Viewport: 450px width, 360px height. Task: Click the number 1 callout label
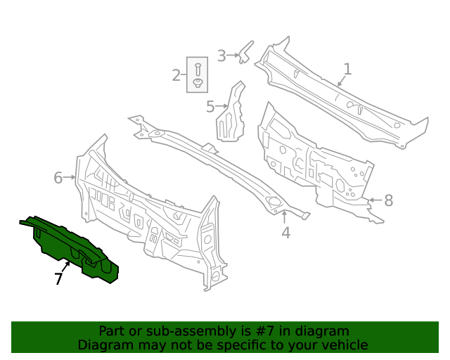click(x=347, y=69)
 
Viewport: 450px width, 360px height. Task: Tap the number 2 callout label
click(x=176, y=75)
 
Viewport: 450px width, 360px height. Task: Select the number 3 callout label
click(x=221, y=56)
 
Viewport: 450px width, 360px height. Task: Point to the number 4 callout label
click(x=285, y=233)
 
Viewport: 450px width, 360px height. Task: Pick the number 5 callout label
click(x=210, y=107)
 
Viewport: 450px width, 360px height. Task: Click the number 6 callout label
click(x=58, y=178)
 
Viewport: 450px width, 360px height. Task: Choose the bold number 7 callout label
click(x=58, y=279)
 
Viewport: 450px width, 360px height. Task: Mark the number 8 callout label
click(x=388, y=200)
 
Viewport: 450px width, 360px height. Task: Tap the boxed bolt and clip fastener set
click(x=198, y=75)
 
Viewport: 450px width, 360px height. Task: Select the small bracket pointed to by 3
click(x=245, y=52)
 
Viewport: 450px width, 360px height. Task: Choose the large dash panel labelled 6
click(x=148, y=211)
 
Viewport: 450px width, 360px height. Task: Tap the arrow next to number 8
click(x=374, y=200)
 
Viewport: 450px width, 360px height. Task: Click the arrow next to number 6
click(x=70, y=178)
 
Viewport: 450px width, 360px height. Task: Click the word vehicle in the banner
click(x=342, y=345)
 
